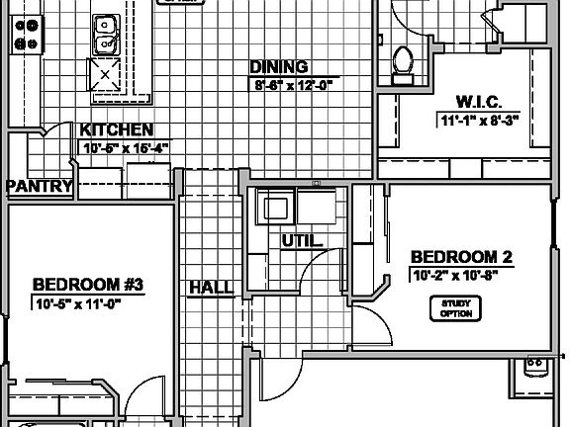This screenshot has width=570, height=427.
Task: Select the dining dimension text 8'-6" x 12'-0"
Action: [292, 85]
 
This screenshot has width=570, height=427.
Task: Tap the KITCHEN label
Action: [117, 130]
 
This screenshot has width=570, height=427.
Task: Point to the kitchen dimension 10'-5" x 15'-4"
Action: [125, 148]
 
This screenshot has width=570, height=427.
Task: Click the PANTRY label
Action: [40, 186]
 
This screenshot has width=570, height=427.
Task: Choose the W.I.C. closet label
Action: [480, 101]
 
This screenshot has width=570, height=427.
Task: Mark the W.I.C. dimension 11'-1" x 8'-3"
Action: [480, 121]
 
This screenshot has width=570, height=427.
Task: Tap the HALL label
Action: [211, 288]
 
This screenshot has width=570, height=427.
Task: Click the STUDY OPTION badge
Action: [455, 308]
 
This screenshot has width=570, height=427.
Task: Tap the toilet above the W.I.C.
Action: [401, 60]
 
